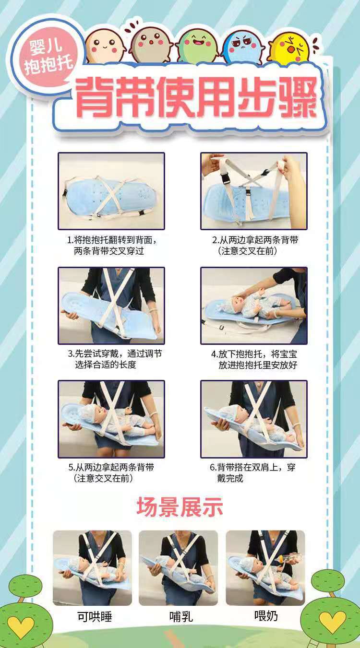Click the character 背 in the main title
[x=96, y=97]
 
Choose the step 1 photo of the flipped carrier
[x=111, y=191]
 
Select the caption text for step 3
[x=115, y=359]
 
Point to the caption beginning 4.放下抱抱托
[x=254, y=359]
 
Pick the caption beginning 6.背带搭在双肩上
[x=252, y=473]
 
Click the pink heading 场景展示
[x=180, y=506]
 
